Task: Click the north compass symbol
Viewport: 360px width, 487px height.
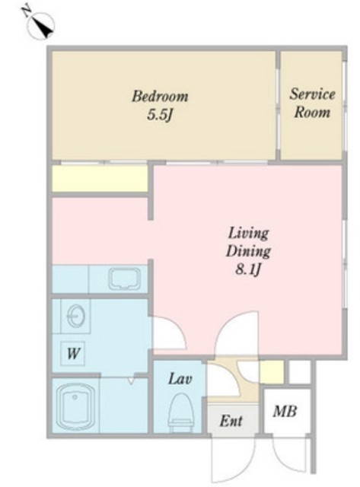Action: click(x=40, y=24)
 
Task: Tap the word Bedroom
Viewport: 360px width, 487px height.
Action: click(x=160, y=97)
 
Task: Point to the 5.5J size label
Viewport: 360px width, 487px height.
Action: click(x=160, y=115)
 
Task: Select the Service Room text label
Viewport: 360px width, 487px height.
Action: click(x=312, y=103)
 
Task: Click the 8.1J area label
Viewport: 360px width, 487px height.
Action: click(x=247, y=269)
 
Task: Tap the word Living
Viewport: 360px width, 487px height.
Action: click(x=248, y=234)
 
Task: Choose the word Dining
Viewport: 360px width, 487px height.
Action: click(x=248, y=251)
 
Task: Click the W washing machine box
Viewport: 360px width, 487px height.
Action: click(x=73, y=353)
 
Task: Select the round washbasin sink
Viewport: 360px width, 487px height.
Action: click(x=75, y=316)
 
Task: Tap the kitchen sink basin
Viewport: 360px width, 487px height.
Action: click(x=125, y=279)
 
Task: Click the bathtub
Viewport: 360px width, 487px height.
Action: click(x=76, y=406)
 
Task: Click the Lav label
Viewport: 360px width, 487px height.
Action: click(x=180, y=379)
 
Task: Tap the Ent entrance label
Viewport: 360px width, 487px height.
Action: click(x=231, y=421)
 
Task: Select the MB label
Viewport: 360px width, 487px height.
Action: click(x=285, y=412)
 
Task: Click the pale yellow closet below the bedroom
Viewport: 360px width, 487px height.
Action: click(x=100, y=179)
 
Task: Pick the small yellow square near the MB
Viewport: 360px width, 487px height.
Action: click(x=272, y=372)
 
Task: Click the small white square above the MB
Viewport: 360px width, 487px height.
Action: click(x=300, y=372)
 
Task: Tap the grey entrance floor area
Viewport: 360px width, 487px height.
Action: click(x=233, y=420)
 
